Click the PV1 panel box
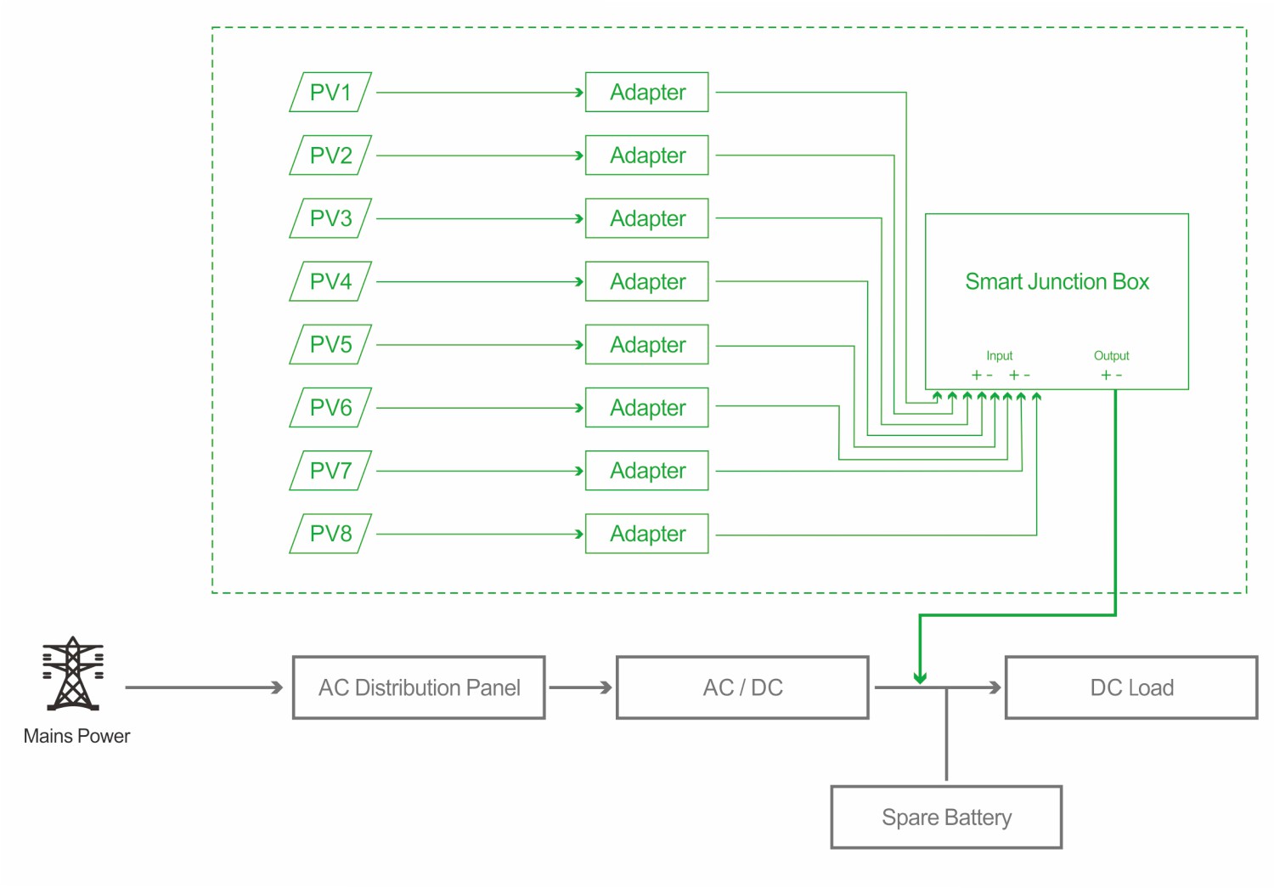[330, 92]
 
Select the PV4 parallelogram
[330, 281]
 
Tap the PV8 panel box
[330, 534]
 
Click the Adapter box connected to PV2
[647, 156]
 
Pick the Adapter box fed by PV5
[647, 345]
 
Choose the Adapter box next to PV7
[647, 471]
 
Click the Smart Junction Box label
[1057, 281]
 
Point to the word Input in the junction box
[999, 356]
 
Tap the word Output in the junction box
[1111, 356]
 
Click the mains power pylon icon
[73, 674]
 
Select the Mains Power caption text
[76, 736]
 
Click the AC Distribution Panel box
[419, 687]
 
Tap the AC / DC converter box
[742, 687]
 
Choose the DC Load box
[1131, 687]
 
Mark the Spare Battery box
[946, 817]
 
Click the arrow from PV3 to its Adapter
[480, 219]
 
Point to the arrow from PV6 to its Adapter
[480, 408]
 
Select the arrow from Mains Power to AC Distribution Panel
[204, 687]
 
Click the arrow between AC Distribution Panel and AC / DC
[581, 687]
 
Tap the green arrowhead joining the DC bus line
[920, 677]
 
